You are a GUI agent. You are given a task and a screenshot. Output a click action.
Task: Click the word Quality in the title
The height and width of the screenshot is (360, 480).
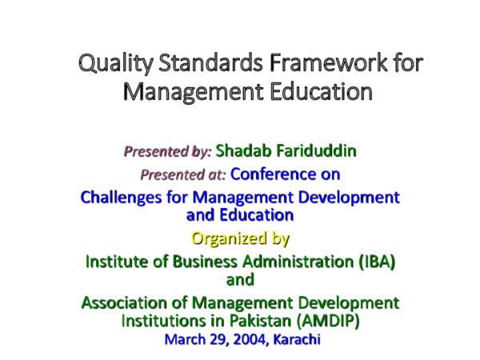click(113, 63)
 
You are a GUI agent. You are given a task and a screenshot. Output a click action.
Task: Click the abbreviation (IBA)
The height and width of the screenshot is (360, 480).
click(374, 262)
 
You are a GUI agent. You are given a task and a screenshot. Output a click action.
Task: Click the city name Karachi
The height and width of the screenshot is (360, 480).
click(296, 339)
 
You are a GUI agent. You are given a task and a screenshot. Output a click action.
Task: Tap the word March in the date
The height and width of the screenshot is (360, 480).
click(182, 339)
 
